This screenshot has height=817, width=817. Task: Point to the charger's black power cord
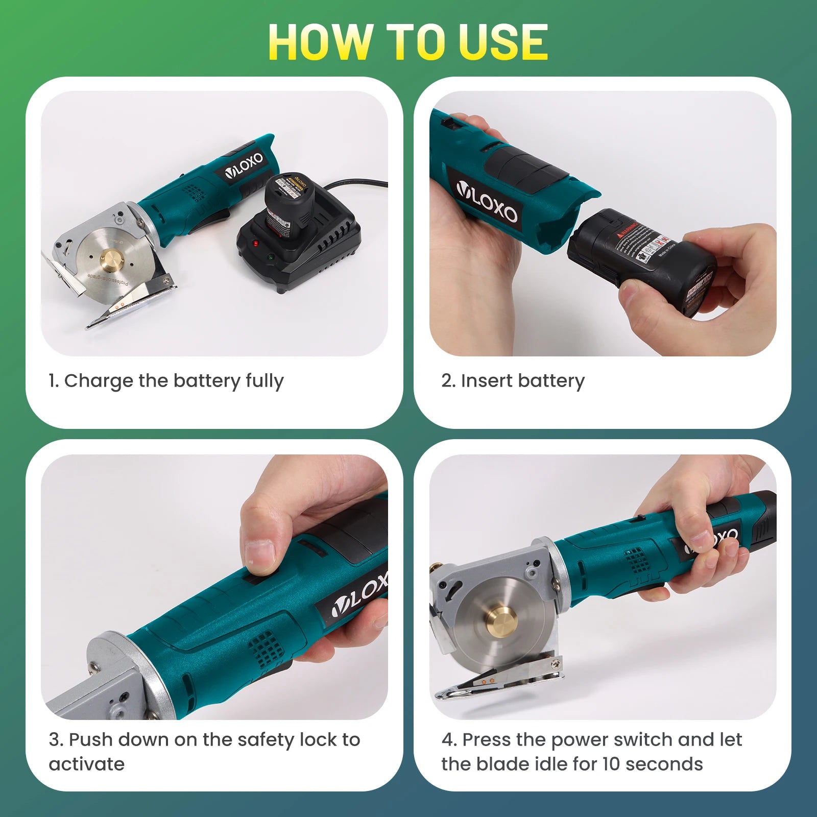click(x=357, y=183)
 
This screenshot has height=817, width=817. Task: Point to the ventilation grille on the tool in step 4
click(x=636, y=561)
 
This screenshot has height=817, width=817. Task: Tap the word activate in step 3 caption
click(x=87, y=764)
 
